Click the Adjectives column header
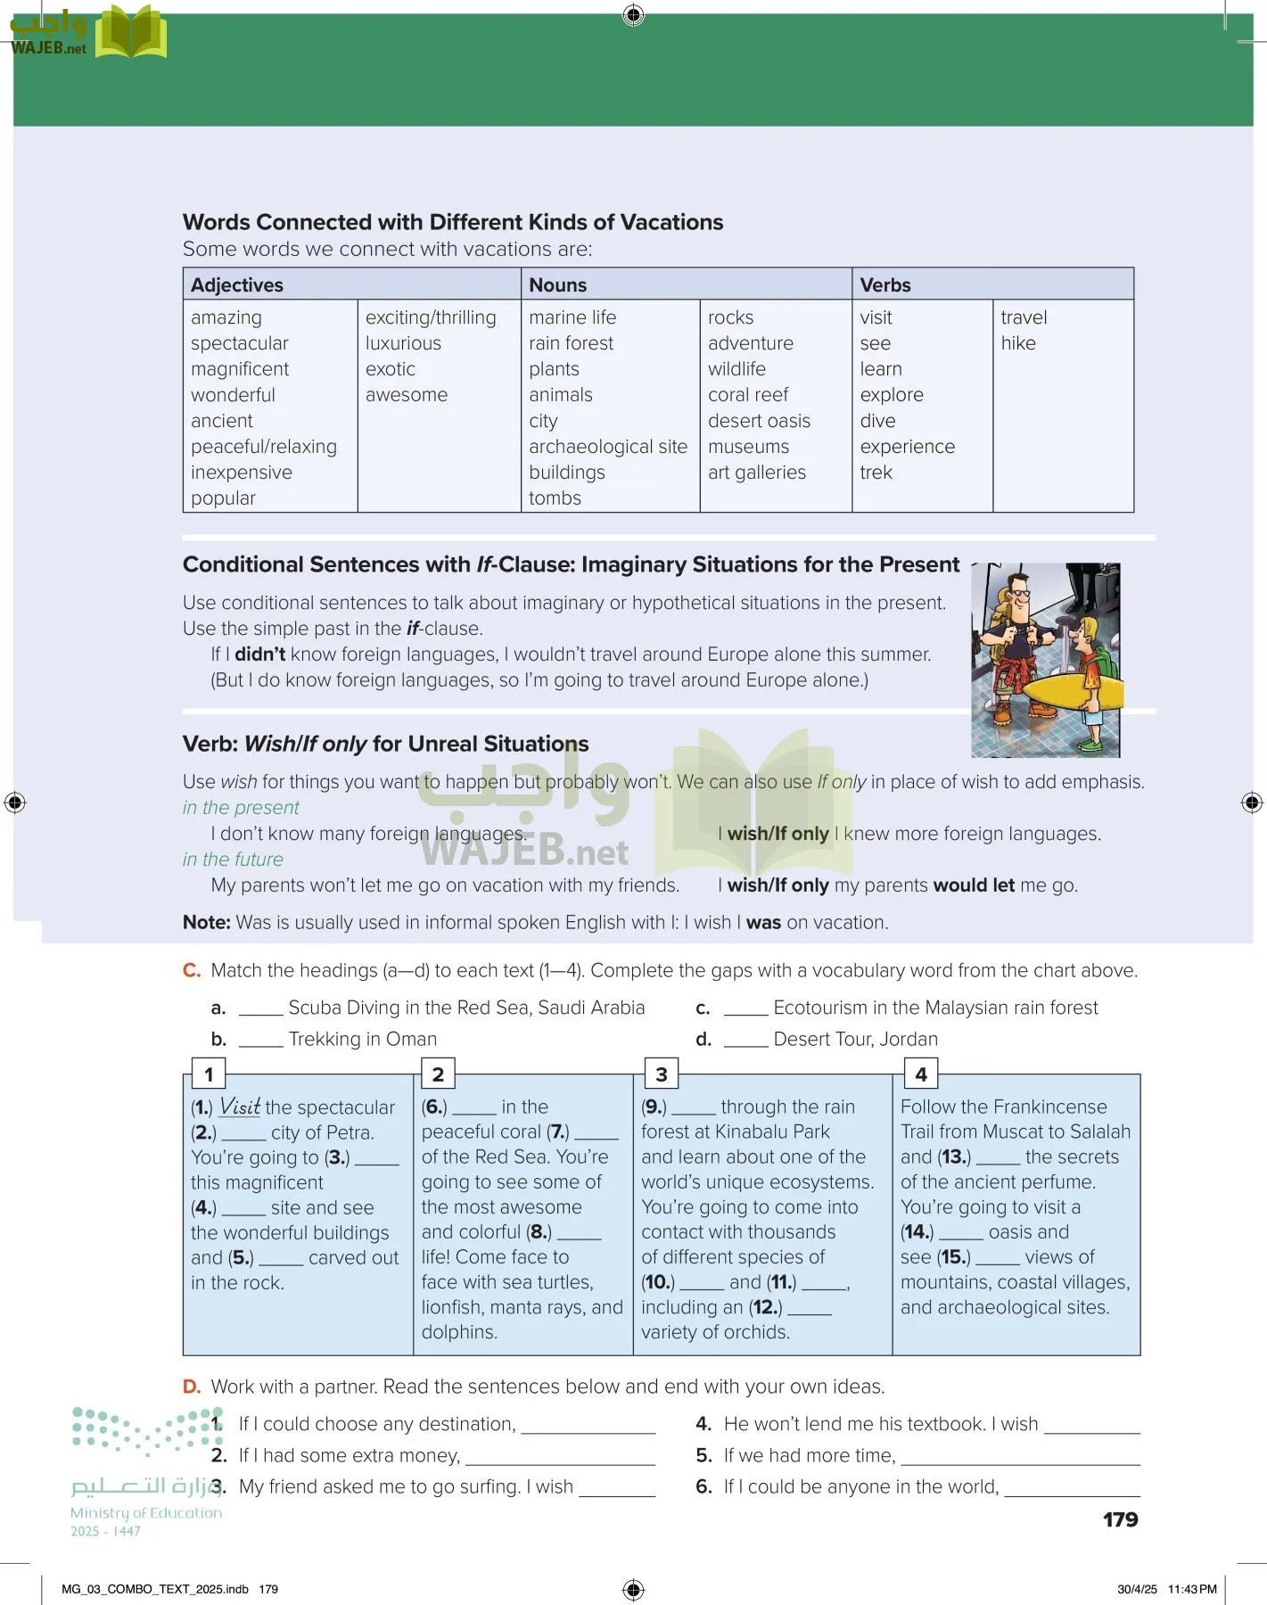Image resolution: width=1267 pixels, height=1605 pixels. coord(236,285)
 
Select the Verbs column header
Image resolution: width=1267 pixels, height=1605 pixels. coord(884,285)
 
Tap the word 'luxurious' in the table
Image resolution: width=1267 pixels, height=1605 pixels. coord(403,343)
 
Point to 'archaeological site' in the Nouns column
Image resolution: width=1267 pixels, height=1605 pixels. coord(607,447)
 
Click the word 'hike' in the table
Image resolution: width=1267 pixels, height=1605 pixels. coord(1017,343)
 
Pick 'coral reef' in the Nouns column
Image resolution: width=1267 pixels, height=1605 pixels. coord(748,395)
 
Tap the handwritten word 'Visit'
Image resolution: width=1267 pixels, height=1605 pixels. coord(240,1107)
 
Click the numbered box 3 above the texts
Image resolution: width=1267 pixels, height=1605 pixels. coord(661,1074)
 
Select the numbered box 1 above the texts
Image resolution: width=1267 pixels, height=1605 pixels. coord(209,1074)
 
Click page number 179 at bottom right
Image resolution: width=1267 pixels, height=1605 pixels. coord(1120,1519)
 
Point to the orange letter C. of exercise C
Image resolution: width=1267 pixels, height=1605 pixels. coord(192,970)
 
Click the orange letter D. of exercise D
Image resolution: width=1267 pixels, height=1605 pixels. coord(192,1387)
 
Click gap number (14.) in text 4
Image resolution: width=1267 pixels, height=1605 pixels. coord(917,1232)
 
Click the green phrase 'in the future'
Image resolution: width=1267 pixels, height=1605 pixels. coord(233,860)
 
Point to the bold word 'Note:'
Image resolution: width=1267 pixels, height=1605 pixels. coord(206,923)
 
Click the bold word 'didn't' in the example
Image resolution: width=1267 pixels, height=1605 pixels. coord(259,654)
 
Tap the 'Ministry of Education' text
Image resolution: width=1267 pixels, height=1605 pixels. coord(146,1512)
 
